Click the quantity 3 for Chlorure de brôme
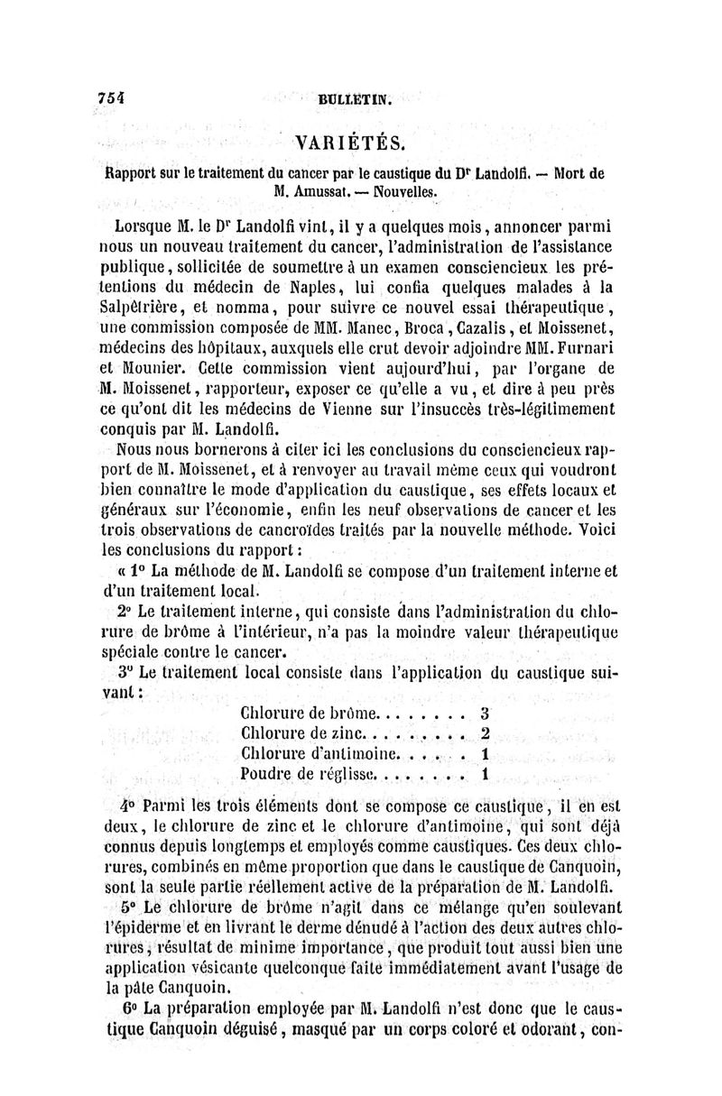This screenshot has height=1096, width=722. click(x=485, y=713)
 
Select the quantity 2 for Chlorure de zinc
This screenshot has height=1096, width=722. click(x=485, y=732)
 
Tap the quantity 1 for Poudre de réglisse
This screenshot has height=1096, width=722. click(x=485, y=773)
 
